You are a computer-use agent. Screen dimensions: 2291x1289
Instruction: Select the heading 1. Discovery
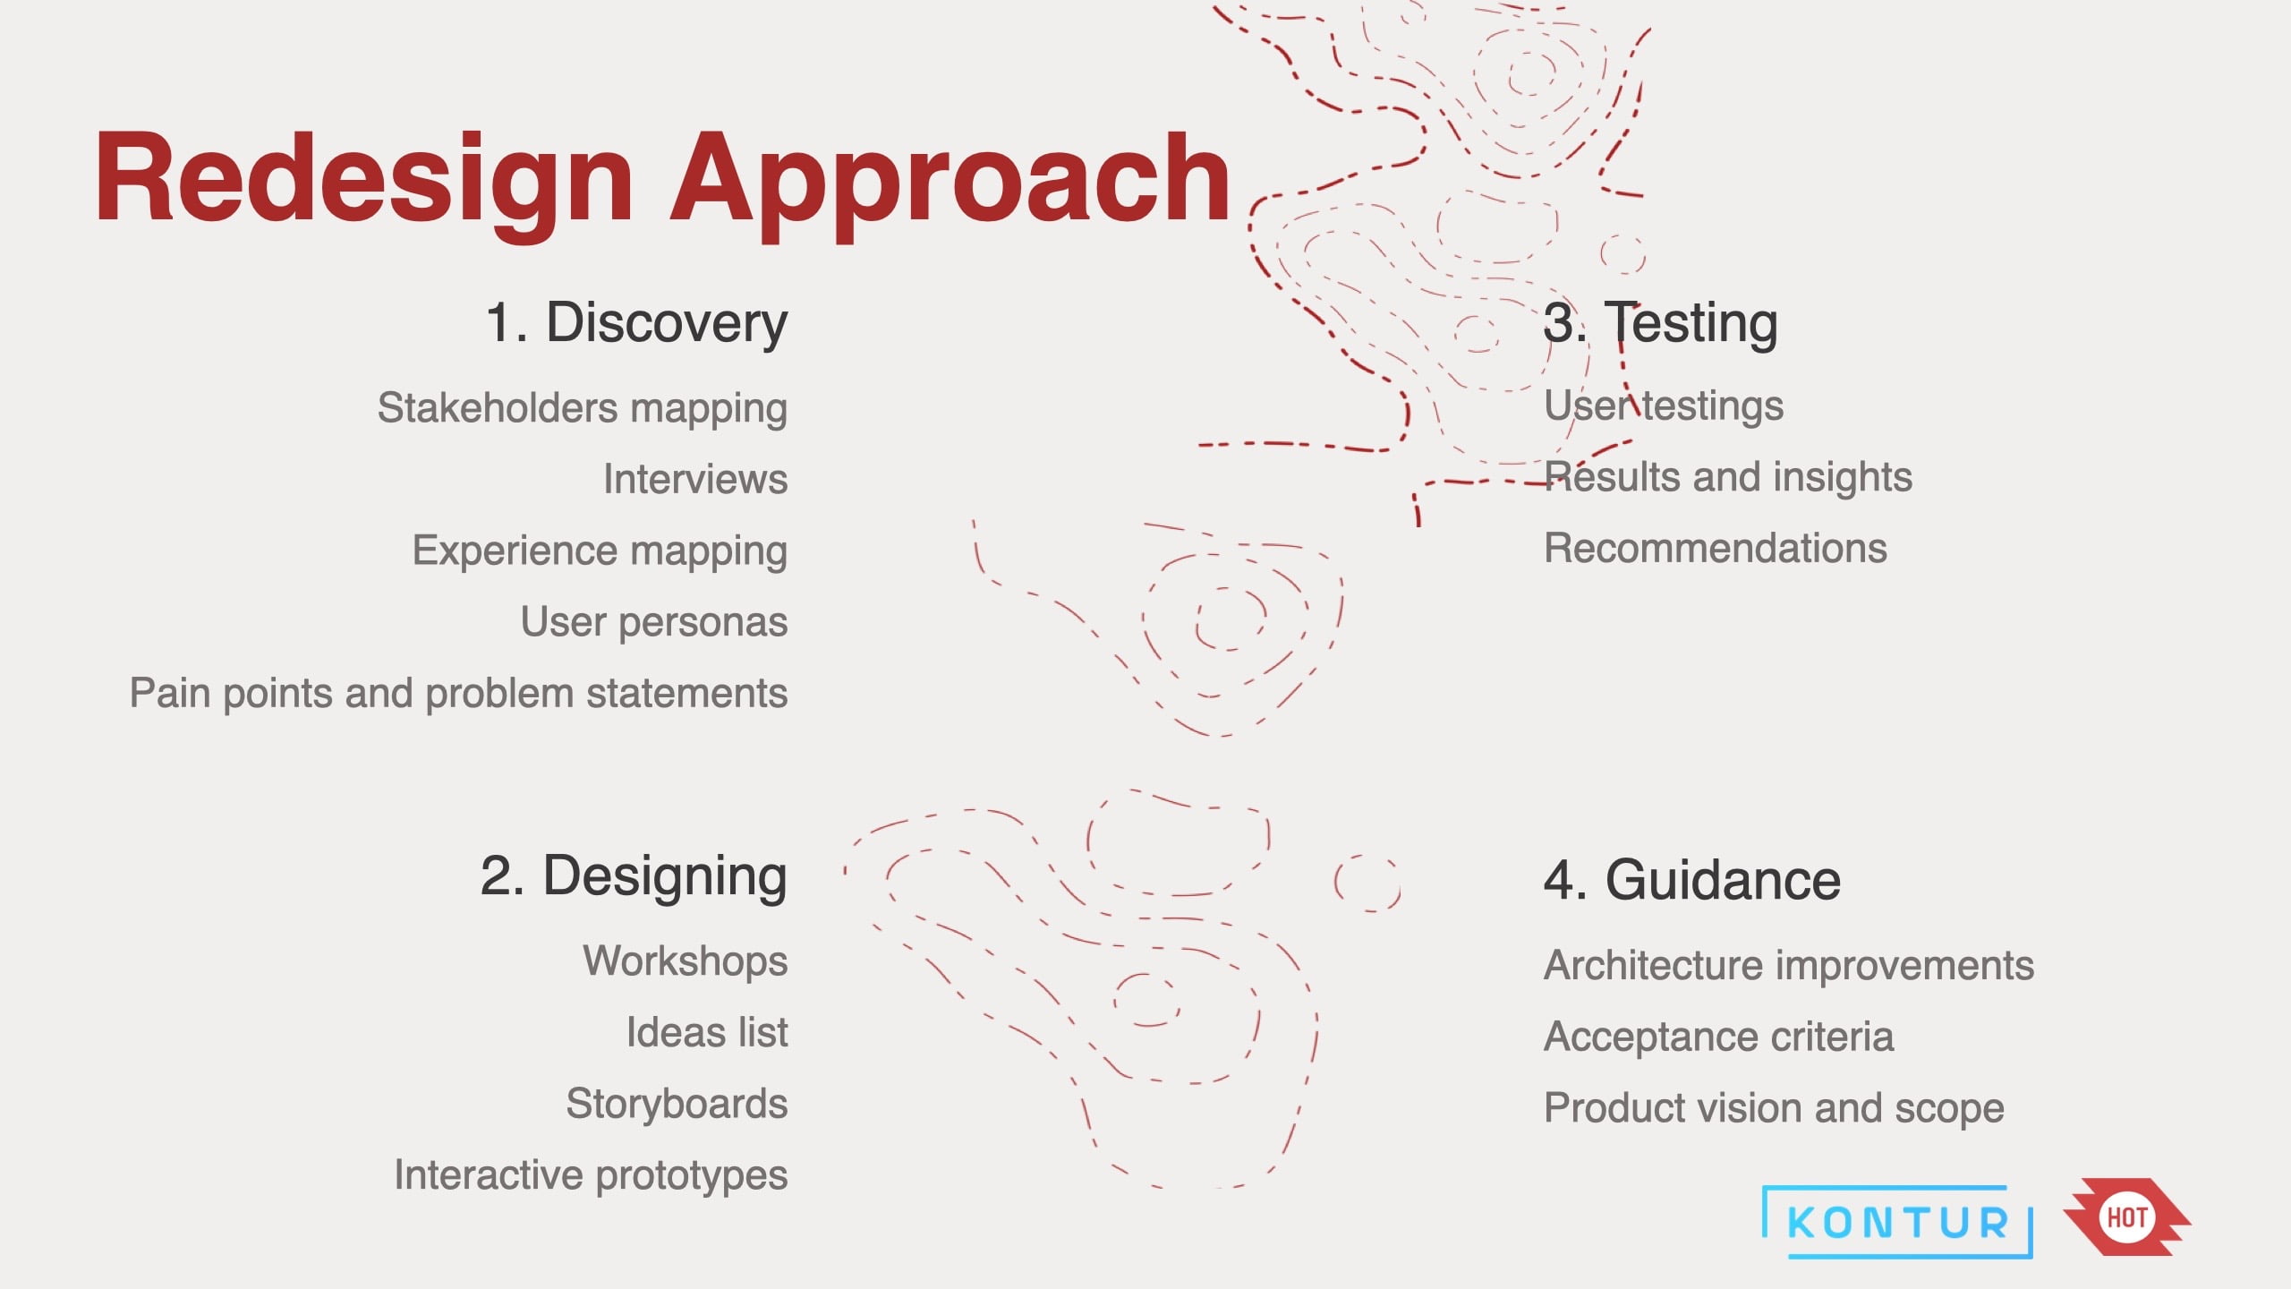pyautogui.click(x=636, y=323)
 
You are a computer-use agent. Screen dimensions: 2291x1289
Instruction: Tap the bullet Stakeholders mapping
pyautogui.click(x=583, y=409)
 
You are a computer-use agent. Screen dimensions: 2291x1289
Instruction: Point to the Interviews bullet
pyautogui.click(x=695, y=479)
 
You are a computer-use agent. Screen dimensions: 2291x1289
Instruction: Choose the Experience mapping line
pyautogui.click(x=600, y=551)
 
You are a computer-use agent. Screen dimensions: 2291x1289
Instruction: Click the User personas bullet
pyautogui.click(x=654, y=622)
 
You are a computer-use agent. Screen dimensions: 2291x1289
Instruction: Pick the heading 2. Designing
pyautogui.click(x=634, y=877)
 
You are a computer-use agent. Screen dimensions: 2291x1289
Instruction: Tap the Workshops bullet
pyautogui.click(x=686, y=961)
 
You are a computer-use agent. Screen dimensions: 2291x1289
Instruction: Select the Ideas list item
pyautogui.click(x=707, y=1032)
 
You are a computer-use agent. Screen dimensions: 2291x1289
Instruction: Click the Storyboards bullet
pyautogui.click(x=677, y=1105)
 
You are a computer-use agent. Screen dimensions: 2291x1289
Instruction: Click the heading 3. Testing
pyautogui.click(x=1661, y=323)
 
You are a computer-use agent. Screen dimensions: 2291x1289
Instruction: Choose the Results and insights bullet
pyautogui.click(x=1728, y=477)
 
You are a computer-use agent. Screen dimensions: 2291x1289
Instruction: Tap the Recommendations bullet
pyautogui.click(x=1716, y=548)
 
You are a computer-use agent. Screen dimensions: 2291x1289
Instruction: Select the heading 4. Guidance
pyautogui.click(x=1692, y=880)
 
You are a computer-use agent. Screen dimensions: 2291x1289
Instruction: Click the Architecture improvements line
pyautogui.click(x=1789, y=966)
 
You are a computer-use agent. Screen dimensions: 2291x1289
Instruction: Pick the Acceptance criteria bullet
pyautogui.click(x=1719, y=1037)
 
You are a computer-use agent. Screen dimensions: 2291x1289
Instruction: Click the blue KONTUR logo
pyautogui.click(x=1897, y=1222)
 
